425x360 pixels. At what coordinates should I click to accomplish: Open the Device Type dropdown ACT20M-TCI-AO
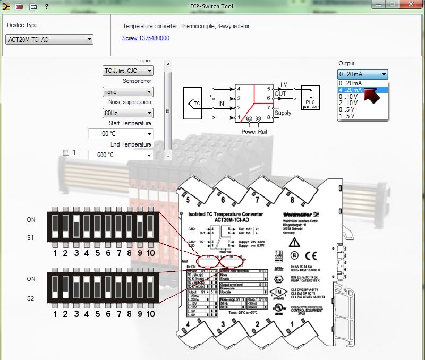[x=50, y=39]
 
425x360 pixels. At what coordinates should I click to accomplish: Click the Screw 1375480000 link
[x=146, y=38]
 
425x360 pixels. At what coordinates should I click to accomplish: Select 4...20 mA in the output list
[x=351, y=90]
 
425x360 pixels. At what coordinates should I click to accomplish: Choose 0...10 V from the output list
[x=350, y=96]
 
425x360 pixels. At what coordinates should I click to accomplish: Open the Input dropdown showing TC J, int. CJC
[x=127, y=71]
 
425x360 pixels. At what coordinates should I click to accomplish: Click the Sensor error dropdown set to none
[x=127, y=92]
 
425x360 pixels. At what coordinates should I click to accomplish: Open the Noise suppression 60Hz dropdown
[x=127, y=113]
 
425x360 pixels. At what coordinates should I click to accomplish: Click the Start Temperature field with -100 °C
[x=121, y=134]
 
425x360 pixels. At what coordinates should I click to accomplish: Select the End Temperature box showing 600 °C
[x=121, y=155]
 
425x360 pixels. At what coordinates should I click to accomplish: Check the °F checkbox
[x=66, y=152]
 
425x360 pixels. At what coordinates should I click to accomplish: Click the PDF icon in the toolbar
[x=19, y=6]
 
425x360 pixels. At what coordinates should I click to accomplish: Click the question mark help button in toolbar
[x=46, y=6]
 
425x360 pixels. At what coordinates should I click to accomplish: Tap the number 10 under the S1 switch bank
[x=150, y=253]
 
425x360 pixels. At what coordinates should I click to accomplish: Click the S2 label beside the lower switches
[x=31, y=298]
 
